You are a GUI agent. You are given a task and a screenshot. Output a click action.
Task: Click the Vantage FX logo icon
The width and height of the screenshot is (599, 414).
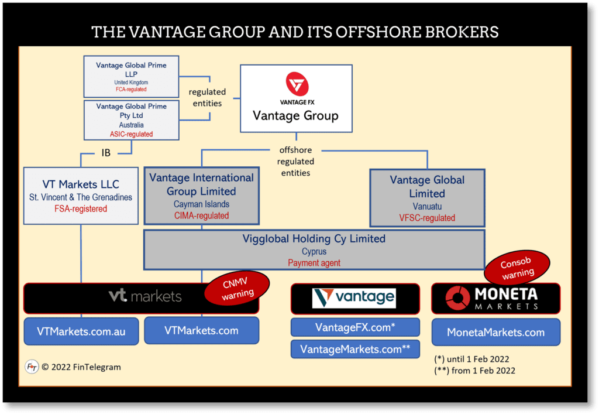[296, 84]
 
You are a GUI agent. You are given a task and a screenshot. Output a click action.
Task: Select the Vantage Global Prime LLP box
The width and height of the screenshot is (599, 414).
[131, 76]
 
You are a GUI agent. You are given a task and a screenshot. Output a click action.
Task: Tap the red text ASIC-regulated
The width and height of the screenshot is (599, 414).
[131, 134]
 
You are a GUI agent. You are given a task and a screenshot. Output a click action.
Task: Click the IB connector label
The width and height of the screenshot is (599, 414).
[105, 154]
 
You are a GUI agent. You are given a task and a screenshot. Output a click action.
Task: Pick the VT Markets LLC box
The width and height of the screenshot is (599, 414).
[81, 196]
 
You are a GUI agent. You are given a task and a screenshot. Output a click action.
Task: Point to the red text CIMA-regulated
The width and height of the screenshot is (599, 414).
[201, 216]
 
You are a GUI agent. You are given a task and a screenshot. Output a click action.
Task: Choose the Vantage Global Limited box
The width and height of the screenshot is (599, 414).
[427, 198]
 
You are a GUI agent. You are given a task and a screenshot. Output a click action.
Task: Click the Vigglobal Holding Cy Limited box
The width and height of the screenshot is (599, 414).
[314, 249]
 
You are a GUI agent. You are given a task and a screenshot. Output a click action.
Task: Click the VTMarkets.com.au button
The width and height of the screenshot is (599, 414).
[81, 331]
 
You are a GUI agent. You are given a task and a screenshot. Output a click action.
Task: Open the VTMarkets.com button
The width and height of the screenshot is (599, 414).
[201, 331]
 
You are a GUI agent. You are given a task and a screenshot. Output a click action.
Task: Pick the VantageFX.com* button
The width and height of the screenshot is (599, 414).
[355, 327]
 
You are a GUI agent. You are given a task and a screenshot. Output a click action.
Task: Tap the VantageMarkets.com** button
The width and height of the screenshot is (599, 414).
[355, 349]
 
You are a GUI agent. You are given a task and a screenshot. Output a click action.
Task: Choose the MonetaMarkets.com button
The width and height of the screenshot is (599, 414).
[495, 332]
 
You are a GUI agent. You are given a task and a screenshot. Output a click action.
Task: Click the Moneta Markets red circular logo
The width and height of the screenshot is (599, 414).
[457, 298]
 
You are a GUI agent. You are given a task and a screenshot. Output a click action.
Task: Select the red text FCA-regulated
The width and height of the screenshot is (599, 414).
[131, 90]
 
